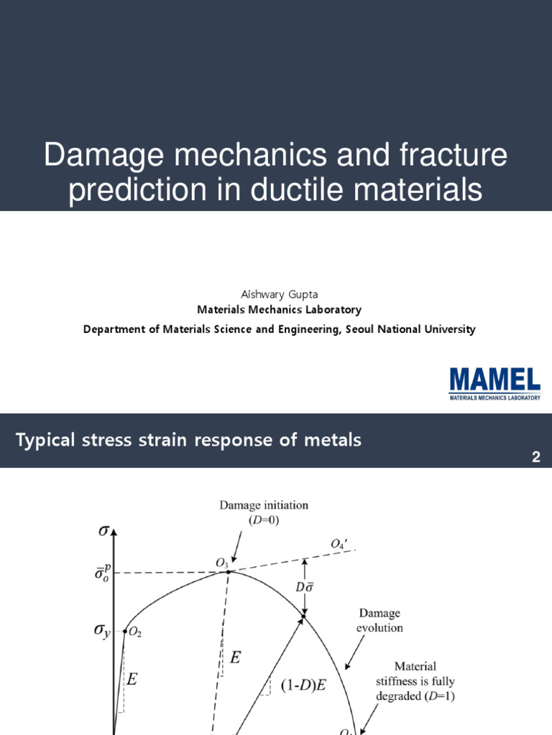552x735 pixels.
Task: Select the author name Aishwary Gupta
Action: pyautogui.click(x=280, y=295)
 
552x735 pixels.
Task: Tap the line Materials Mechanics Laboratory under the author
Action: pyautogui.click(x=280, y=310)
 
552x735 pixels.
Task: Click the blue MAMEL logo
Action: pyautogui.click(x=494, y=380)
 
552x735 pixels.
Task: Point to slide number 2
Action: pyautogui.click(x=535, y=457)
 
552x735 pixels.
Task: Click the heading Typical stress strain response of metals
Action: pyautogui.click(x=189, y=440)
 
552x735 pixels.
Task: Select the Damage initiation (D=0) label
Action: pyautogui.click(x=264, y=512)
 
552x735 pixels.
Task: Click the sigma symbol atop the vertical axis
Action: pyautogui.click(x=105, y=533)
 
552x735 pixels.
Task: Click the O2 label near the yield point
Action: pyautogui.click(x=135, y=632)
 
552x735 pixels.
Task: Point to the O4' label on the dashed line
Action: pyautogui.click(x=338, y=545)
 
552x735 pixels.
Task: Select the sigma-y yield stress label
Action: pyautogui.click(x=103, y=632)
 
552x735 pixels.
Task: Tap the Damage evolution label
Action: pyautogui.click(x=380, y=621)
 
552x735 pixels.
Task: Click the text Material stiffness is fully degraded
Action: pyautogui.click(x=420, y=680)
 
